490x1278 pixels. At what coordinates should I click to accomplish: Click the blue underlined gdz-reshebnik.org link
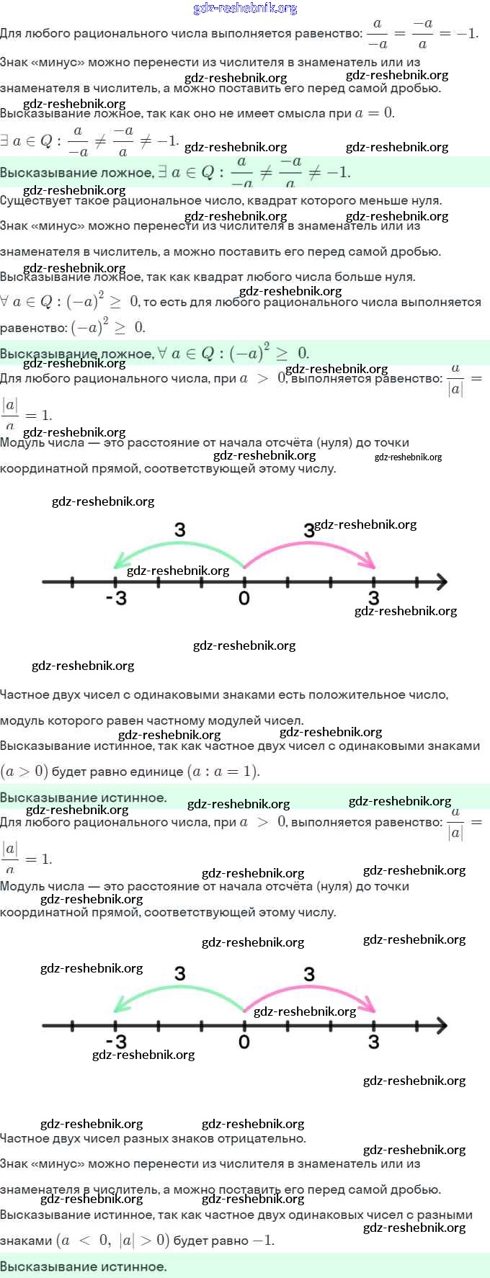coord(245,9)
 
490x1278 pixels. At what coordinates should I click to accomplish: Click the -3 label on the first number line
coord(115,598)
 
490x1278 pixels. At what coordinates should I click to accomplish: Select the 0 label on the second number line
coord(244,1042)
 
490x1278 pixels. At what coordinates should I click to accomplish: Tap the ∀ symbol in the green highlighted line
coord(163,353)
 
